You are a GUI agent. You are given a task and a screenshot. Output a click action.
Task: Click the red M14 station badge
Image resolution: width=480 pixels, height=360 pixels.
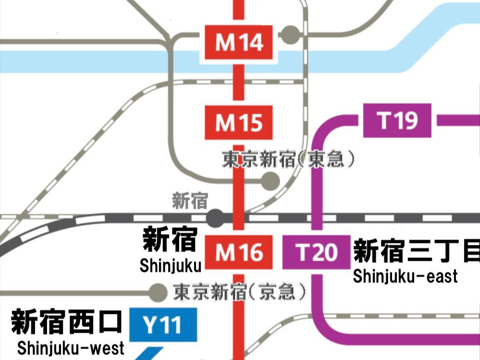[x=239, y=43]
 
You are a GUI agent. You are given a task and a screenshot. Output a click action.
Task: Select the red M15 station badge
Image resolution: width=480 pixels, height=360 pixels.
[x=239, y=123]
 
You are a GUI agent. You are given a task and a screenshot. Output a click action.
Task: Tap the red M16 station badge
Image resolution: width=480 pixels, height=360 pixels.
[x=239, y=252]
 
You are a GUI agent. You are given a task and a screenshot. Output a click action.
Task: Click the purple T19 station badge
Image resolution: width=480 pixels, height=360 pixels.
[x=397, y=120]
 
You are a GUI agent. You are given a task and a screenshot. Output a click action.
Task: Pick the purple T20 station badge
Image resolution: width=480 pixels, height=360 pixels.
[x=316, y=252]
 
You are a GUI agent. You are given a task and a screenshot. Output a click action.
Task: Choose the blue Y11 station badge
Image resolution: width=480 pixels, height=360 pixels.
[x=163, y=325]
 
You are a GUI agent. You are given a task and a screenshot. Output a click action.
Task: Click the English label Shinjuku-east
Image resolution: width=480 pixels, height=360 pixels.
[x=405, y=276]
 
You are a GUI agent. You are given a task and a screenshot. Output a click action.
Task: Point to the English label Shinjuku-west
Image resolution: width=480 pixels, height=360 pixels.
[x=70, y=348]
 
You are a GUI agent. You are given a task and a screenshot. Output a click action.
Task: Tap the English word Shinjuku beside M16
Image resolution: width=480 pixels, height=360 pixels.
[x=171, y=265]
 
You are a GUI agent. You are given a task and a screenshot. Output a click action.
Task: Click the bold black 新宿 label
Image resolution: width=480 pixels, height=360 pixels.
[x=170, y=240]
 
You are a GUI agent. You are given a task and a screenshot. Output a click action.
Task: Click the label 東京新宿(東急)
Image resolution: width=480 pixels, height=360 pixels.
[x=288, y=159]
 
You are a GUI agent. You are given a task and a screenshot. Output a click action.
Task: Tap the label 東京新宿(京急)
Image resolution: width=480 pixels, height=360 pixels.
[x=239, y=291]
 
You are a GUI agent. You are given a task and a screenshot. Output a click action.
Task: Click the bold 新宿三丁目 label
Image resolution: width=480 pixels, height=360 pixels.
[x=416, y=251]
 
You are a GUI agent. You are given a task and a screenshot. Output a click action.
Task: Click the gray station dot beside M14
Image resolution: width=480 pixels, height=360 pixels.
[x=289, y=34]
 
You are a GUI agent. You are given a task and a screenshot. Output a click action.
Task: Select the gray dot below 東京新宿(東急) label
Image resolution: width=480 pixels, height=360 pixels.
[x=270, y=180]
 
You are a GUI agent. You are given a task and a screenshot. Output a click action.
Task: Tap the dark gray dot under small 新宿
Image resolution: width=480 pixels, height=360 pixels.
[x=215, y=217]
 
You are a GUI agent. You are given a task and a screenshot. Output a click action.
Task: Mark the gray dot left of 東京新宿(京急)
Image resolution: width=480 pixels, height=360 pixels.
[x=157, y=291]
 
